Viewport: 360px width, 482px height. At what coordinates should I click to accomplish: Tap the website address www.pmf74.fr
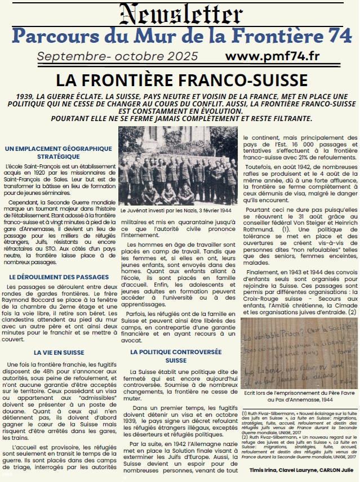point(270,57)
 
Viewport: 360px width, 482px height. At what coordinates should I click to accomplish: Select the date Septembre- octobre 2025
point(118,57)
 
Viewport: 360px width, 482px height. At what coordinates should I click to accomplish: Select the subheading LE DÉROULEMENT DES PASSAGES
point(59,278)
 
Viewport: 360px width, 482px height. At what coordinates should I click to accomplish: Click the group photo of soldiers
point(178,166)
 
